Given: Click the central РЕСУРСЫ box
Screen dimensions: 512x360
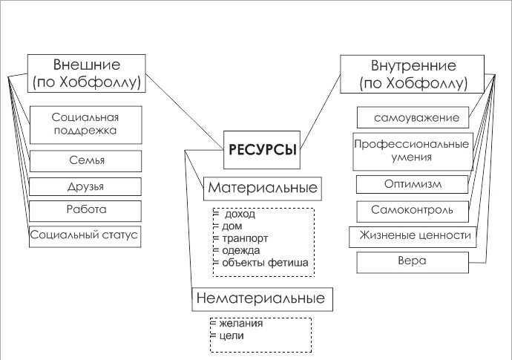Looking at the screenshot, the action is pyautogui.click(x=261, y=150).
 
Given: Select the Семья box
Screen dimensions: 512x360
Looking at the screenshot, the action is pyautogui.click(x=85, y=161).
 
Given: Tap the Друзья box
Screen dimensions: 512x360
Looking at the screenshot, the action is pyautogui.click(x=85, y=186).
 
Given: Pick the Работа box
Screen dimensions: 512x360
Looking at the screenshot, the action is pyautogui.click(x=85, y=211).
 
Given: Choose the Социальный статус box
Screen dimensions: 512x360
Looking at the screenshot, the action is pyautogui.click(x=85, y=237).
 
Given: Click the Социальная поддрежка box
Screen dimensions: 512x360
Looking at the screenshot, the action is pyautogui.click(x=86, y=125).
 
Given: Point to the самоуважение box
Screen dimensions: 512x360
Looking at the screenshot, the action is pyautogui.click(x=413, y=117).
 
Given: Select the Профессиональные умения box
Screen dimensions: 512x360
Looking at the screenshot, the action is pyautogui.click(x=413, y=151).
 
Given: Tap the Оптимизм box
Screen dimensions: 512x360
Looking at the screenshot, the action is pyautogui.click(x=412, y=184).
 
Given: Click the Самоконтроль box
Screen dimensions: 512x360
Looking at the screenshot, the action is pyautogui.click(x=413, y=212).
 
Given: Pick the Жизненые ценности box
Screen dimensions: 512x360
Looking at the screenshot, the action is pyautogui.click(x=413, y=237).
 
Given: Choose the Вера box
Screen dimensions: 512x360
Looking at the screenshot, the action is pyautogui.click(x=413, y=262).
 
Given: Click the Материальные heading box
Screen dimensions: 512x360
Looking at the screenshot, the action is pyautogui.click(x=263, y=189).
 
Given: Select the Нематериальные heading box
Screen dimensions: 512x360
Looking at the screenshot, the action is pyautogui.click(x=262, y=299).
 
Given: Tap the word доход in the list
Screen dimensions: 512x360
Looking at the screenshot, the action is pyautogui.click(x=240, y=214).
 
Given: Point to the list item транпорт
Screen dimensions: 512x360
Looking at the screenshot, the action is pyautogui.click(x=245, y=238).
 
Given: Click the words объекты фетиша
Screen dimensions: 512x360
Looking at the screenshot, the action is pyautogui.click(x=265, y=263).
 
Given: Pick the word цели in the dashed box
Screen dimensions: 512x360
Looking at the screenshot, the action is pyautogui.click(x=232, y=336).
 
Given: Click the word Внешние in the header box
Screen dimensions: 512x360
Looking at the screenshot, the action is pyautogui.click(x=87, y=65).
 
